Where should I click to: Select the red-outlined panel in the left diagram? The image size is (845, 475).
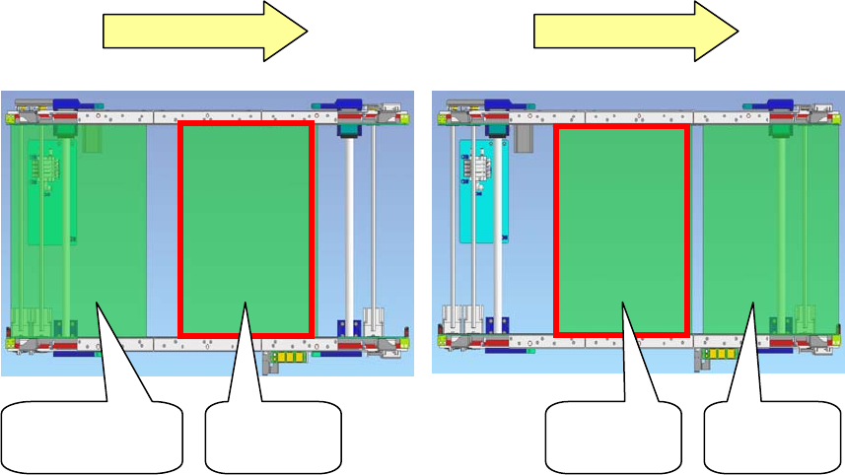click(x=246, y=228)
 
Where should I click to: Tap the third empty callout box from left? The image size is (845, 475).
click(x=613, y=438)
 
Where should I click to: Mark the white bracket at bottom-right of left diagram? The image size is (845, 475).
click(x=372, y=323)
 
